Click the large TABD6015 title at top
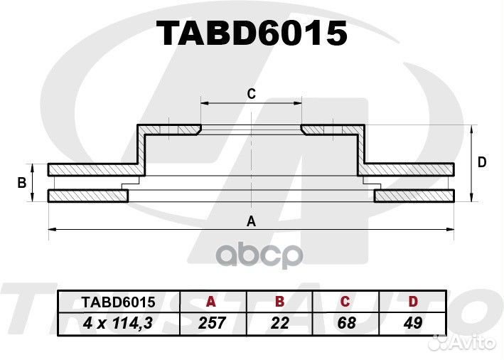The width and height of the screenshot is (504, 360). click(251, 33)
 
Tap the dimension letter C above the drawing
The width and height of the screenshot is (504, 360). click(252, 94)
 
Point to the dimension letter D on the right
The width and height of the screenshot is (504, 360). click(482, 162)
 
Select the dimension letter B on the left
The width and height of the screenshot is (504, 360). click(22, 183)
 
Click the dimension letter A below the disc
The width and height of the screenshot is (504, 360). click(251, 221)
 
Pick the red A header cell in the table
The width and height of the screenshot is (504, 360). click(210, 302)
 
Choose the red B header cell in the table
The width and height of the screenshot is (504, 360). click(279, 302)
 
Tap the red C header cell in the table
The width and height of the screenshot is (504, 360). click(345, 302)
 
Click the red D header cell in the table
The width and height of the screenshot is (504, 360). click(413, 302)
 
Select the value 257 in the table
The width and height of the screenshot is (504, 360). click(212, 323)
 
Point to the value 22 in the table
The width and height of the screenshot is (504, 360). click(280, 323)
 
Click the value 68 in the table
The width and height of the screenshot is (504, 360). click(346, 323)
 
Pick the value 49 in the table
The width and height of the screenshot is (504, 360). click(413, 323)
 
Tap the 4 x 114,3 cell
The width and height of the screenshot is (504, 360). click(118, 323)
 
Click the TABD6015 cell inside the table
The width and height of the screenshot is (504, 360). click(119, 302)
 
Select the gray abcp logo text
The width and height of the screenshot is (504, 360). click(260, 255)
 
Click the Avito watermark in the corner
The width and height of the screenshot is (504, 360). click(463, 342)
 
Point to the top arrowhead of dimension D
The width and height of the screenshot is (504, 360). click(471, 129)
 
